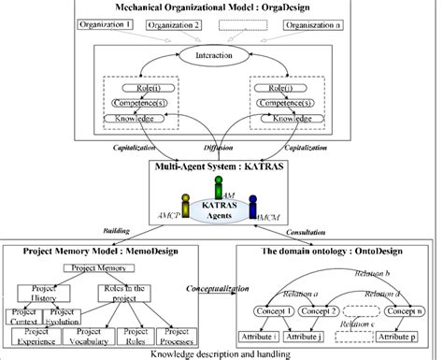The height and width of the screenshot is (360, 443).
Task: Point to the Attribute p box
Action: pos(397,334)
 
